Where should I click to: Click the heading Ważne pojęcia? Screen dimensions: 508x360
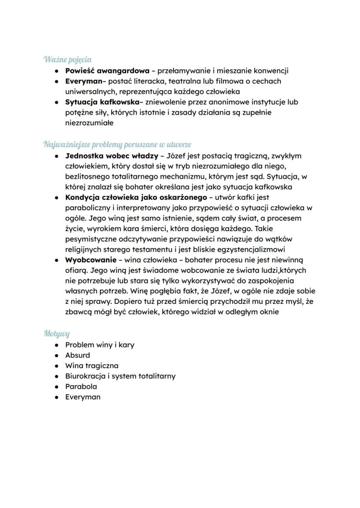67,59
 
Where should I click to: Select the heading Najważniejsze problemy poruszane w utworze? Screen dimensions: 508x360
117,144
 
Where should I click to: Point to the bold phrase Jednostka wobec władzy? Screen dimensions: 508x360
112,156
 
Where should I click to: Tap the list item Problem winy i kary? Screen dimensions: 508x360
100,345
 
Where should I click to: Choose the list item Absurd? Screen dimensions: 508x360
77,355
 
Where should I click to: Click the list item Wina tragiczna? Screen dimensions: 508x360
91,365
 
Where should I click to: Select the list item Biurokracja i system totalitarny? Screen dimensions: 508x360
120,376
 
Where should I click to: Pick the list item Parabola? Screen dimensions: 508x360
81,386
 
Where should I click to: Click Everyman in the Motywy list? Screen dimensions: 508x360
83,397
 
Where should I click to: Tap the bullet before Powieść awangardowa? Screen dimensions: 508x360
57,70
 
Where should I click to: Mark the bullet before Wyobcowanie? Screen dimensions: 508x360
57,260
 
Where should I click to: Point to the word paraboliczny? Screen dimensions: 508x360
88,208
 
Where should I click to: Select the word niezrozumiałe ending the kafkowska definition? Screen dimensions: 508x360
89,123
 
